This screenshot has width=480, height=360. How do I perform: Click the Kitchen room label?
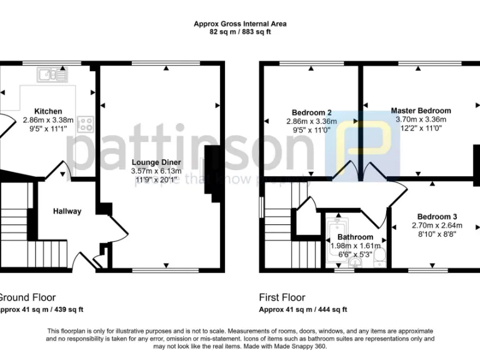click(47, 111)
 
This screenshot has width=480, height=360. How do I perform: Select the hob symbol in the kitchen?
click(85, 124)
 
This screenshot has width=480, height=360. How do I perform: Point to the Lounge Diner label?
click(156, 162)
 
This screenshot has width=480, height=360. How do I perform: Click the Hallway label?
click(67, 211)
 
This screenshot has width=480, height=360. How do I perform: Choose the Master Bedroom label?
click(421, 111)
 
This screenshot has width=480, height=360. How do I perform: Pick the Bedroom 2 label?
click(311, 113)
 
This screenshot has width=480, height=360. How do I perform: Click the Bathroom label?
click(356, 237)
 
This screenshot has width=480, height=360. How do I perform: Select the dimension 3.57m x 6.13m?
click(156, 171)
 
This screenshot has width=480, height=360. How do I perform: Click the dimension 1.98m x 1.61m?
click(356, 246)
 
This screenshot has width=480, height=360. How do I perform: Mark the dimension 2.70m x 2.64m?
click(436, 226)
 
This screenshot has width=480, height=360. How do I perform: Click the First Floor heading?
click(282, 297)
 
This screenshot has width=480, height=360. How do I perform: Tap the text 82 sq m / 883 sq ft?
click(240, 32)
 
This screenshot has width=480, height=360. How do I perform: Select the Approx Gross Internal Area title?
click(240, 24)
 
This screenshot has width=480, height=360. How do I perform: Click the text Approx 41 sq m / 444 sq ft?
click(303, 309)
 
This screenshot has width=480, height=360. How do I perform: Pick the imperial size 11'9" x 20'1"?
click(156, 179)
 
